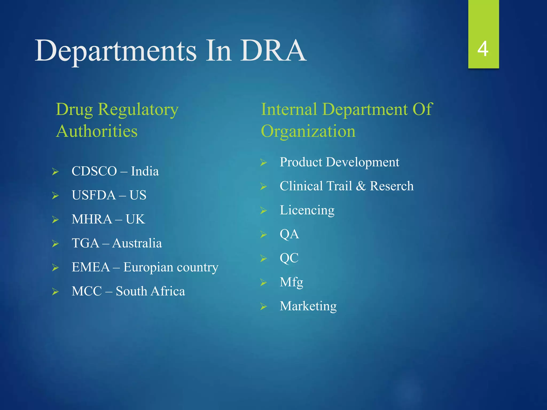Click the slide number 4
coord(483,49)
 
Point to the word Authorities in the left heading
coord(97,131)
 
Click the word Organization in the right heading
coord(308,131)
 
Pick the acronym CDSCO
coord(94,171)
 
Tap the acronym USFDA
coord(94,195)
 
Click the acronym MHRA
coord(92,219)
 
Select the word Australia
coord(137,243)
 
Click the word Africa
coord(168,291)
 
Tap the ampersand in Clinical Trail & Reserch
coord(361,186)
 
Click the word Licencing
coord(307,210)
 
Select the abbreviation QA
coord(289,234)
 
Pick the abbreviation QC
coord(289,258)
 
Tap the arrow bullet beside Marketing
coord(264,307)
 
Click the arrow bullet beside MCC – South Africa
coord(55,291)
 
